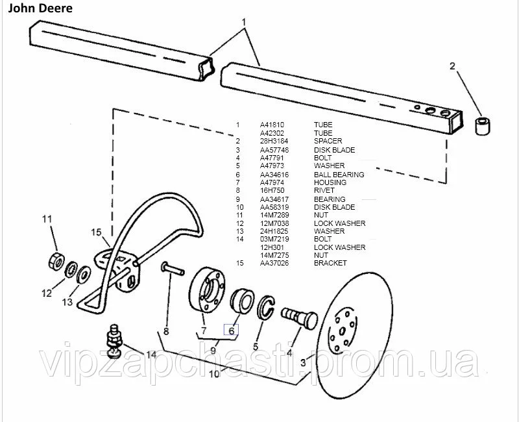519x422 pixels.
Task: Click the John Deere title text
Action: coord(40,8)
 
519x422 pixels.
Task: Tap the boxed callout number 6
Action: coord(232,330)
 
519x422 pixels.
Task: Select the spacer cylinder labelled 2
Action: coord(483,126)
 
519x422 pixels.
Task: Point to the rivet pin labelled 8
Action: coord(173,268)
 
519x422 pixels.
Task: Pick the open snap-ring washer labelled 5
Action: coord(266,307)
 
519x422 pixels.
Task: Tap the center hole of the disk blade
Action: coord(343,330)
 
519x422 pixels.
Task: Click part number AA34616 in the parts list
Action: coord(274,175)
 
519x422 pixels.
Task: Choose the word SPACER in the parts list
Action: coord(328,141)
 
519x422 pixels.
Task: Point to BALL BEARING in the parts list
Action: coord(339,175)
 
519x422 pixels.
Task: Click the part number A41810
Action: coord(272,125)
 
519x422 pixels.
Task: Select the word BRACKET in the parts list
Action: coord(330,263)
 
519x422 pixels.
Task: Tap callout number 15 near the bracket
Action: coord(96,232)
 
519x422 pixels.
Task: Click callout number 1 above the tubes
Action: coord(244,22)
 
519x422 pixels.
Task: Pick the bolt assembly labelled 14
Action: coord(114,341)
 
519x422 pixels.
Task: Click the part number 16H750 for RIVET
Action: coord(272,190)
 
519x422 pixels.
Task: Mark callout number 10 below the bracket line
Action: coord(214,374)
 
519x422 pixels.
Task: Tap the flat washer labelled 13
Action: coord(84,274)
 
